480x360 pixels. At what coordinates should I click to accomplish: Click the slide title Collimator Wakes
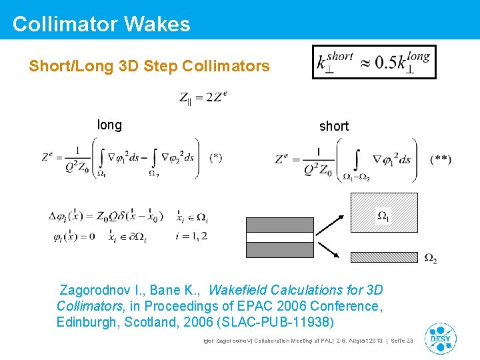101,24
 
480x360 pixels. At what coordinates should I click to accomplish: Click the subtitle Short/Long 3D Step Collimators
149,66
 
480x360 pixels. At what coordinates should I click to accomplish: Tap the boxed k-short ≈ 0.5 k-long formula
374,62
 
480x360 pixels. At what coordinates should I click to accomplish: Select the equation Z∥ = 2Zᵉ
203,98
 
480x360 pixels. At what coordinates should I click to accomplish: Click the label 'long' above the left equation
109,125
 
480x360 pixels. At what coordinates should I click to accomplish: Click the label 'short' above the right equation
333,126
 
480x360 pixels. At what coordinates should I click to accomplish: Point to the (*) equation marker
215,158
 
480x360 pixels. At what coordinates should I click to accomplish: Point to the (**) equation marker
440,159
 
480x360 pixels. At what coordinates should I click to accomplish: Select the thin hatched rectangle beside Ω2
383,256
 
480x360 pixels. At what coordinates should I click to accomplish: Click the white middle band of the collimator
279,237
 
